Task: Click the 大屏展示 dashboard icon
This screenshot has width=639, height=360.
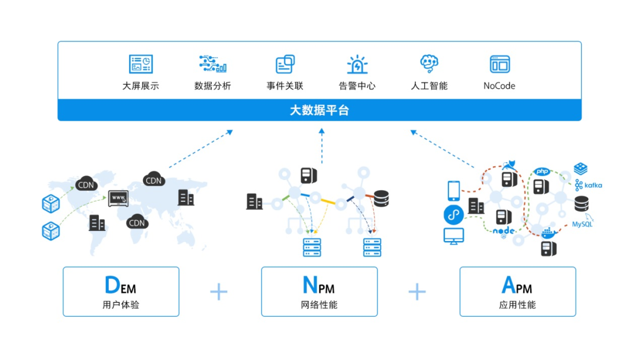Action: [x=141, y=64]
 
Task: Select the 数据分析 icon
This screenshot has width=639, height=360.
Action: [x=213, y=64]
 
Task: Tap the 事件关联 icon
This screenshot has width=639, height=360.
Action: [x=285, y=64]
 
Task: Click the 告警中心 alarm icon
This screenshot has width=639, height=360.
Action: [x=357, y=64]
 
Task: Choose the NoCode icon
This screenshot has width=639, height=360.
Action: [x=499, y=64]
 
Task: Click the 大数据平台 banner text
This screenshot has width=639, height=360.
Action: [x=319, y=110]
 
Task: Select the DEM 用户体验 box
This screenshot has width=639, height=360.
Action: [x=121, y=291]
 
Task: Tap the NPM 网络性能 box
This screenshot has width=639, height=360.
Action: [x=319, y=291]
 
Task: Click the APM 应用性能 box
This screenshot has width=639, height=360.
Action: [x=518, y=291]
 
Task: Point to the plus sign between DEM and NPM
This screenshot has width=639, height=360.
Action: [x=219, y=291]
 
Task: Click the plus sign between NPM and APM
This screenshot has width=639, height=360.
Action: [x=417, y=291]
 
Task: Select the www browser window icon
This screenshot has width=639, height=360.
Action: [x=119, y=197]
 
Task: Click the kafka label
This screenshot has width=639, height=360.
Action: [x=592, y=185]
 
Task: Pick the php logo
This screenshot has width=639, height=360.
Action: [x=542, y=172]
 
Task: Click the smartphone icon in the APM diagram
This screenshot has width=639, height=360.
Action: [x=453, y=190]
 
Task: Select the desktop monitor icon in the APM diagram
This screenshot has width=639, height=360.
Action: [x=454, y=236]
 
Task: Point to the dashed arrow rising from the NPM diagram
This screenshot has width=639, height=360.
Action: [x=322, y=147]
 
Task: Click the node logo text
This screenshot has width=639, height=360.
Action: [x=504, y=231]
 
